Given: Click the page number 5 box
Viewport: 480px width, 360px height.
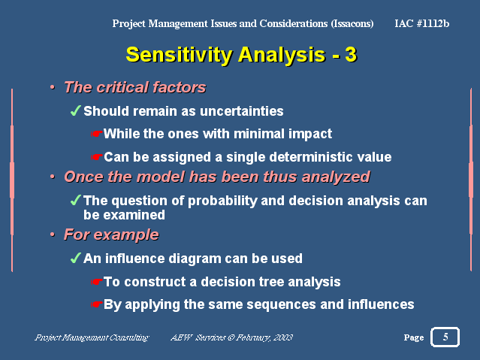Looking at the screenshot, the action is [445, 337].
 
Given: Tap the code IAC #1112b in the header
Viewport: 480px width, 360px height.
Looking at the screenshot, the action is [422, 23].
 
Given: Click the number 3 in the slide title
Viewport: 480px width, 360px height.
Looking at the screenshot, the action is [351, 55].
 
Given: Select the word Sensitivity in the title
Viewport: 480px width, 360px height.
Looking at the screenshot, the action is [180, 55].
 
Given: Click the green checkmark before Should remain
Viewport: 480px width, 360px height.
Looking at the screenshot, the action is [76, 110].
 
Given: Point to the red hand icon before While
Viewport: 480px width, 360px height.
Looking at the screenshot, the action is [96, 134].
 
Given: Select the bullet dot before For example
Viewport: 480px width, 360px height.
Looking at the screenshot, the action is [53, 234].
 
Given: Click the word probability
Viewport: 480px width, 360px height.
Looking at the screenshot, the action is [222, 201].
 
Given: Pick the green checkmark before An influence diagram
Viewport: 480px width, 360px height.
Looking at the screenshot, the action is [76, 258].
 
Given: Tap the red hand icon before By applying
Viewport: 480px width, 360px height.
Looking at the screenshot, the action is [96, 304].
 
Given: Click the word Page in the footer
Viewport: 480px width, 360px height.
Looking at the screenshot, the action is [414, 337].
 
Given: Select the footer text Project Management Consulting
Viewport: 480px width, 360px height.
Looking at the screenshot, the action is [92, 337].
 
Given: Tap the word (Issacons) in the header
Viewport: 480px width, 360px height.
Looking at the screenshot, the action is [352, 23].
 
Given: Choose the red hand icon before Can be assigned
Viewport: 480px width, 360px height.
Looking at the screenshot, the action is [96, 157].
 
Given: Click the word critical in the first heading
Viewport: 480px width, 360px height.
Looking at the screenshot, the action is [123, 87].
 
